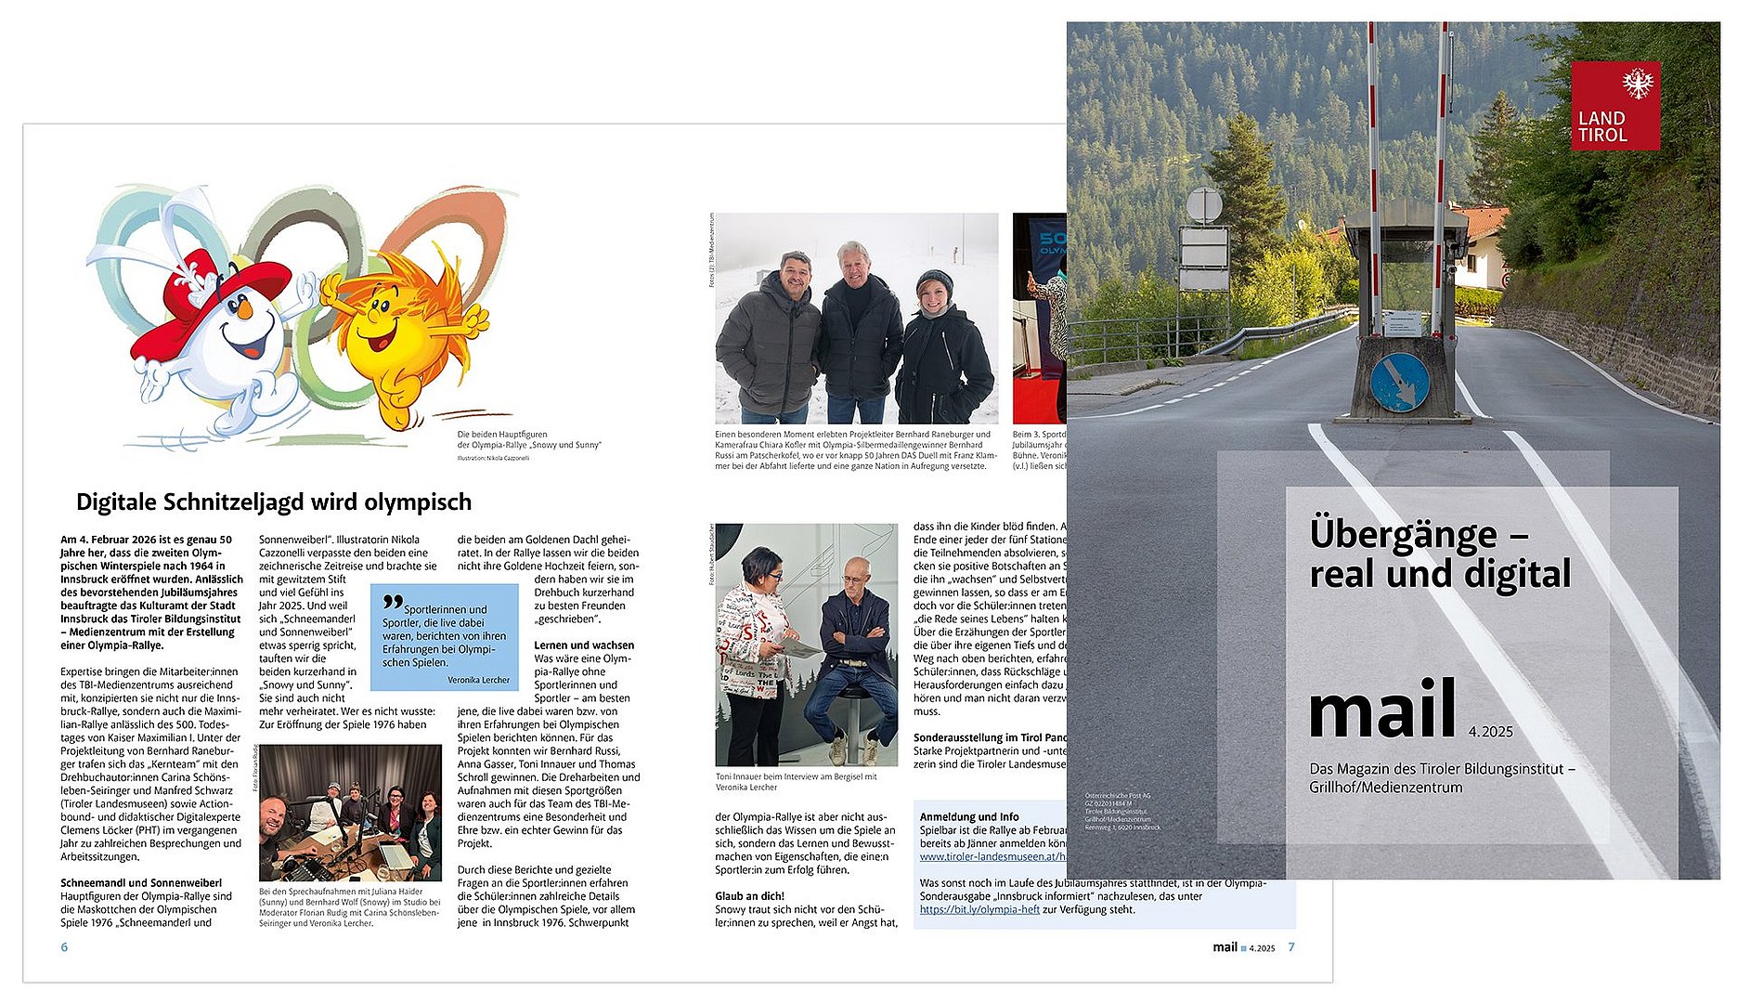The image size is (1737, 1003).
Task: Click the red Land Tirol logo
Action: pyautogui.click(x=1615, y=106)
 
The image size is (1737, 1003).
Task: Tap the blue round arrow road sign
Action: pyautogui.click(x=1399, y=382)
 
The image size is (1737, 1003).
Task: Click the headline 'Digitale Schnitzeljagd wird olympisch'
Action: pyautogui.click(x=274, y=502)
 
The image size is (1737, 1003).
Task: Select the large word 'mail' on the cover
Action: pyautogui.click(x=1381, y=710)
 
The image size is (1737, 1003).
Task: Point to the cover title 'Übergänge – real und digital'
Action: pyautogui.click(x=1439, y=554)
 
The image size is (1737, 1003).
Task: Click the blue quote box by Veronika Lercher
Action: pyautogui.click(x=445, y=636)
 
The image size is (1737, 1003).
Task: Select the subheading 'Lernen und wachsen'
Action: pyautogui.click(x=584, y=645)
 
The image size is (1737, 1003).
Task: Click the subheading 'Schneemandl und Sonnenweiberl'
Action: pyautogui.click(x=141, y=883)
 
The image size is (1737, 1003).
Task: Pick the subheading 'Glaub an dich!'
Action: pyautogui.click(x=750, y=896)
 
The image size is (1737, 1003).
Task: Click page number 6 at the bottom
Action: pyautogui.click(x=64, y=947)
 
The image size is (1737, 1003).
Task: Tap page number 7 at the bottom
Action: pyautogui.click(x=1290, y=947)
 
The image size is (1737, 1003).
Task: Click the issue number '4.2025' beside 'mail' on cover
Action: pyautogui.click(x=1491, y=732)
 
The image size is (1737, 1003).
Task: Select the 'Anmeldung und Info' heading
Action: pyautogui.click(x=969, y=817)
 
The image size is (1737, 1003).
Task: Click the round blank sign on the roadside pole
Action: pyautogui.click(x=1204, y=205)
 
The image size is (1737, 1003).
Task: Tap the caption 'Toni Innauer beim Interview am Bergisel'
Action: pyautogui.click(x=796, y=776)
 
